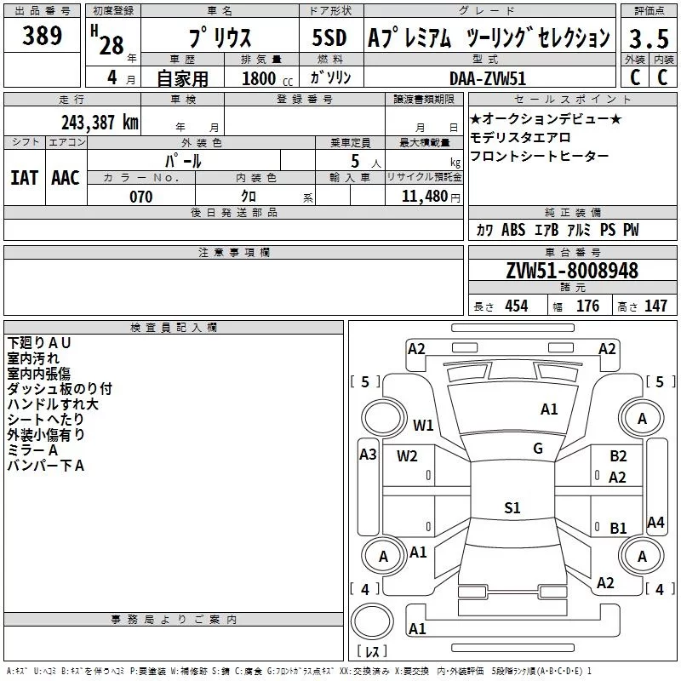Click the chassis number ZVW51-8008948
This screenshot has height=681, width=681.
coord(571,271)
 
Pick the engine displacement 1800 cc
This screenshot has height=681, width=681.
coord(260,78)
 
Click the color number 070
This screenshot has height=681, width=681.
coord(140,197)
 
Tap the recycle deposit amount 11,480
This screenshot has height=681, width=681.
coord(423,197)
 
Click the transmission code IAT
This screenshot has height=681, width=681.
coord(24,178)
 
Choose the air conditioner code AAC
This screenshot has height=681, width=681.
coord(65,178)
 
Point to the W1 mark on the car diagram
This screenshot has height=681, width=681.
coord(423,425)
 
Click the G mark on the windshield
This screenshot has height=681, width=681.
coord(537,448)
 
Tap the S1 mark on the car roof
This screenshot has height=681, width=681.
coord(512,508)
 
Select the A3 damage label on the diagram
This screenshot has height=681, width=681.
coord(368,455)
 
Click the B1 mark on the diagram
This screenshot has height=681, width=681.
coord(618,529)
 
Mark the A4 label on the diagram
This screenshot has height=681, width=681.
coord(655,523)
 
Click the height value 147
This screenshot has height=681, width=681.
coord(655,306)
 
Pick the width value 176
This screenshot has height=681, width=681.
coord(587,306)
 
